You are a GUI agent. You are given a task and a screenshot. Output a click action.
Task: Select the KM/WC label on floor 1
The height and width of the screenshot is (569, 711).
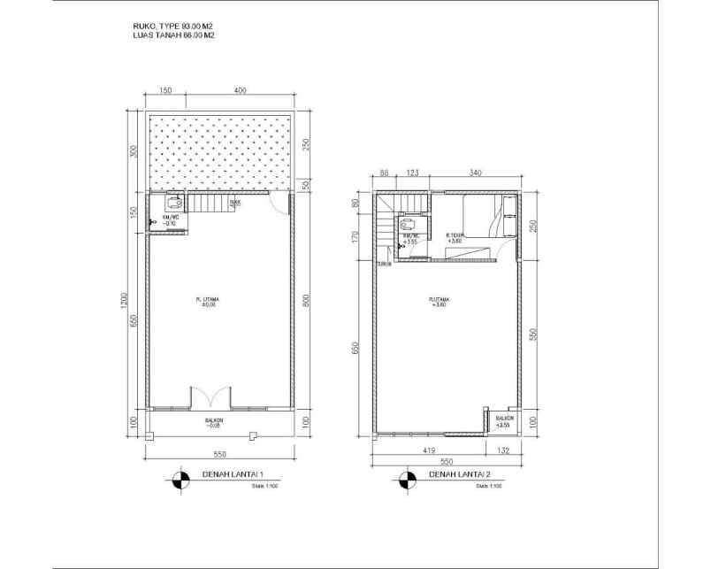[x=170, y=219]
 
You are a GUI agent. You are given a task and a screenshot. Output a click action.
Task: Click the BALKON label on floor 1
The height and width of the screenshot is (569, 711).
[x=213, y=421]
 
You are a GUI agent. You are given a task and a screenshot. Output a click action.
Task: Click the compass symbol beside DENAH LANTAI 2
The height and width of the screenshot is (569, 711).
[x=407, y=480]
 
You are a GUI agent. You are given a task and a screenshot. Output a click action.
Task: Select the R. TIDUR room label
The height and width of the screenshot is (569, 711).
[x=455, y=236]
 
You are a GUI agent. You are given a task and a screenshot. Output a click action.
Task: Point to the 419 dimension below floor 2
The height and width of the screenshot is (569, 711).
[x=429, y=450]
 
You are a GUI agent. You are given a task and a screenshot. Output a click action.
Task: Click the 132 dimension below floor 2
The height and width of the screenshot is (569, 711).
[x=505, y=450]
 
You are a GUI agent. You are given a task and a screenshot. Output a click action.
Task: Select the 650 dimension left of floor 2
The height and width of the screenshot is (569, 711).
[x=357, y=348]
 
